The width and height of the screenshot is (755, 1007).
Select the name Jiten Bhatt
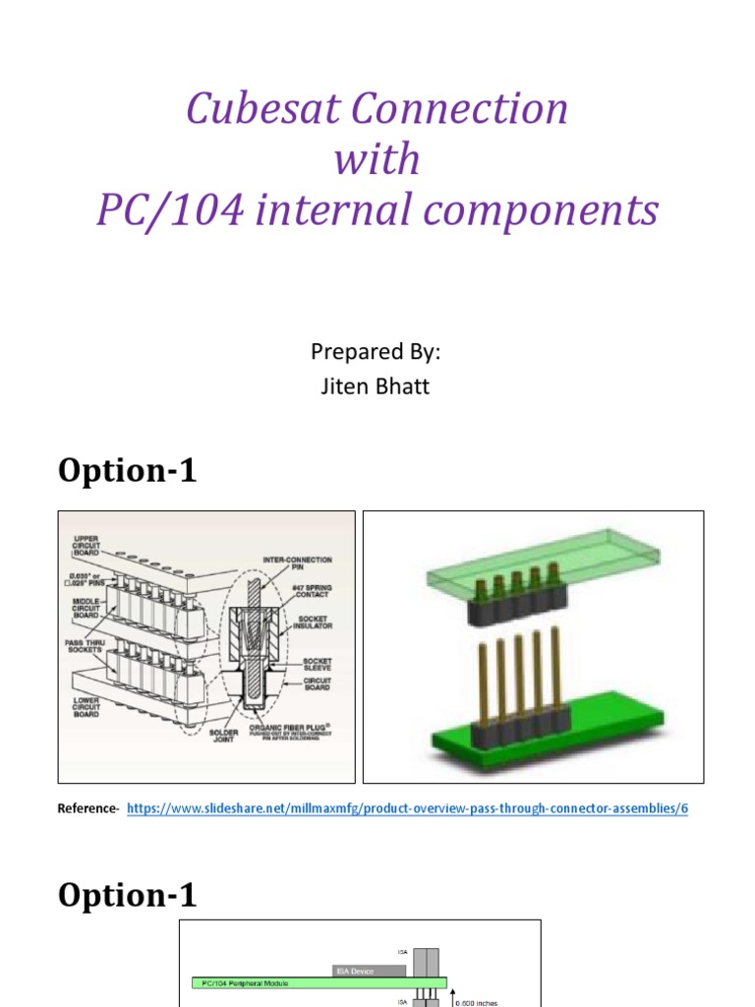pyautogui.click(x=377, y=386)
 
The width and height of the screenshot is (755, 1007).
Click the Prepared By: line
pyautogui.click(x=377, y=352)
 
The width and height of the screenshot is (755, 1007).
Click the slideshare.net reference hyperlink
pyautogui.click(x=408, y=808)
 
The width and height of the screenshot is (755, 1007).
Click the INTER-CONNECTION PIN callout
pyautogui.click(x=297, y=564)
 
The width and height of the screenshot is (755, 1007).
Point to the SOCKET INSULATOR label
pyautogui.click(x=312, y=622)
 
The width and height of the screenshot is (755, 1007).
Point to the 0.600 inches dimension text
pyautogui.click(x=478, y=1001)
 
